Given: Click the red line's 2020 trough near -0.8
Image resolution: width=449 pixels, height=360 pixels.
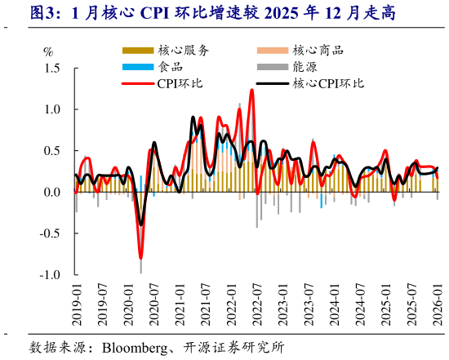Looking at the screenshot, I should click(140, 257).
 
